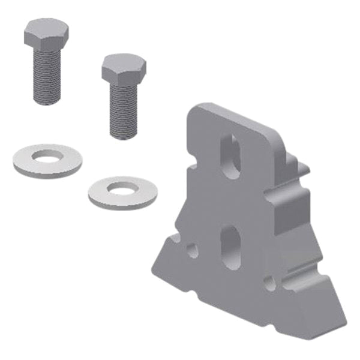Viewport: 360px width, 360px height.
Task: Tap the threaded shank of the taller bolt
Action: click(47, 75)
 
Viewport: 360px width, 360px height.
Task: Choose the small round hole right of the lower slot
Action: click(271, 282)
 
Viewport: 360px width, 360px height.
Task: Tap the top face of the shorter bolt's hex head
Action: click(124, 61)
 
